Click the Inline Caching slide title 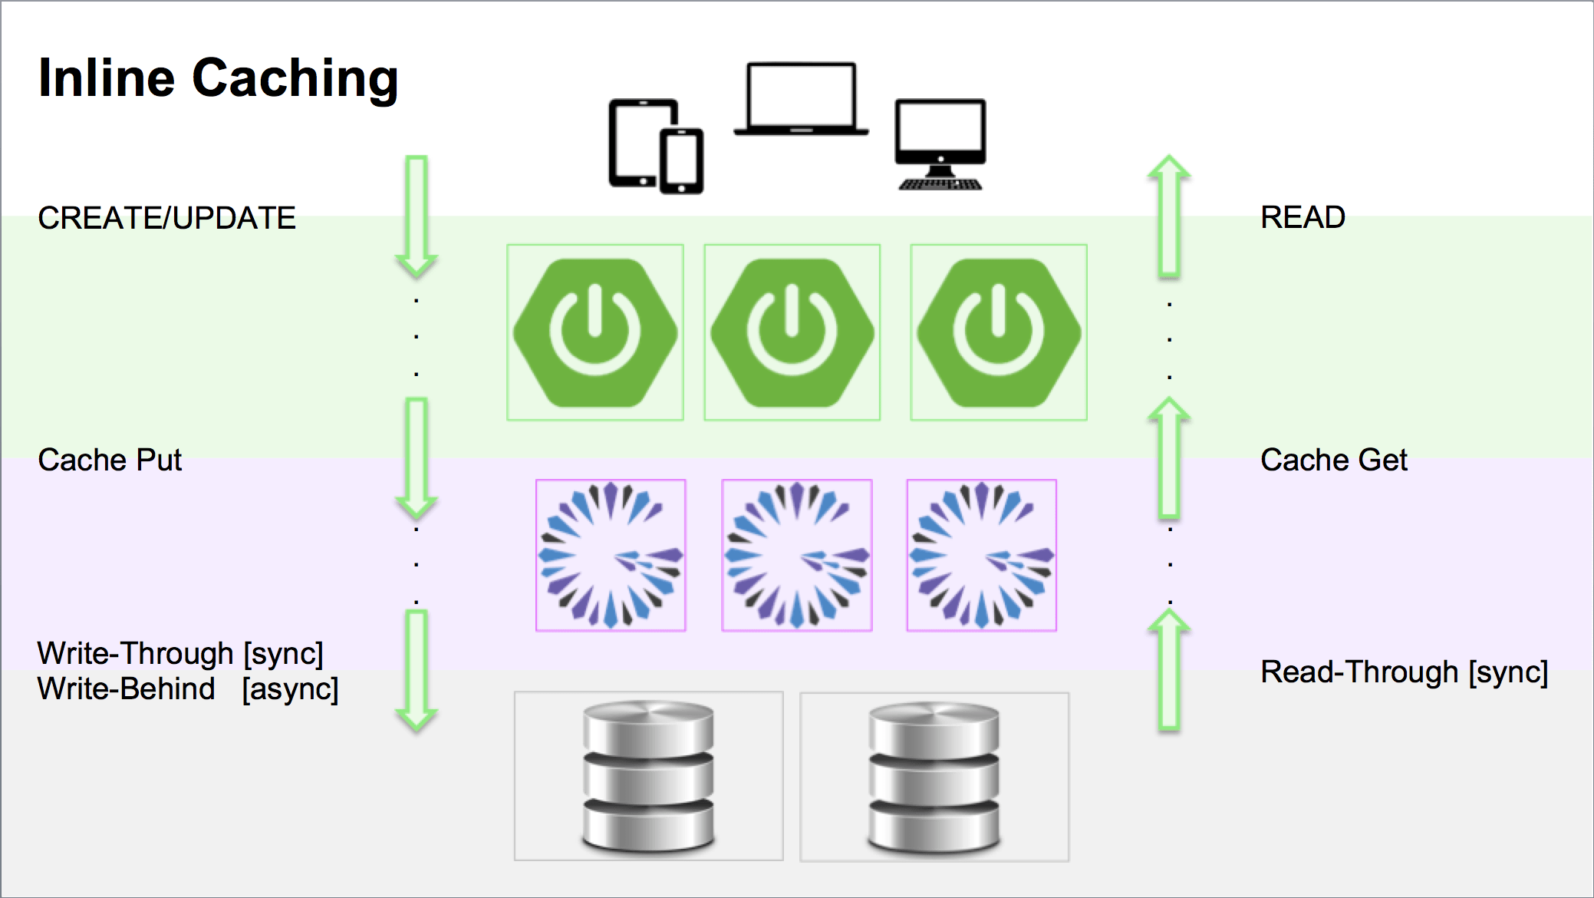coord(219,78)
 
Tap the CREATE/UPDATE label coord(166,218)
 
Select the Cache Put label coord(110,460)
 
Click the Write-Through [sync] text coord(180,653)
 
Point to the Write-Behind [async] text coord(187,688)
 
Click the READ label coord(1303,217)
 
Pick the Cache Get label coord(1334,460)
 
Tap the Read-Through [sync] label coord(1404,672)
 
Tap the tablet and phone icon coord(656,146)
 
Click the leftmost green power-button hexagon coord(595,332)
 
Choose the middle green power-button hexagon coord(792,332)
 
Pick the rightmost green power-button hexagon coord(999,332)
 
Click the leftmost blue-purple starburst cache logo coord(611,555)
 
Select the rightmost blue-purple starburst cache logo coord(982,555)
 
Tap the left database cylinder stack coord(649,776)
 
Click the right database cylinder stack coord(934,776)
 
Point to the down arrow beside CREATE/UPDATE coord(417,216)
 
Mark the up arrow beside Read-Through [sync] coord(1169,669)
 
